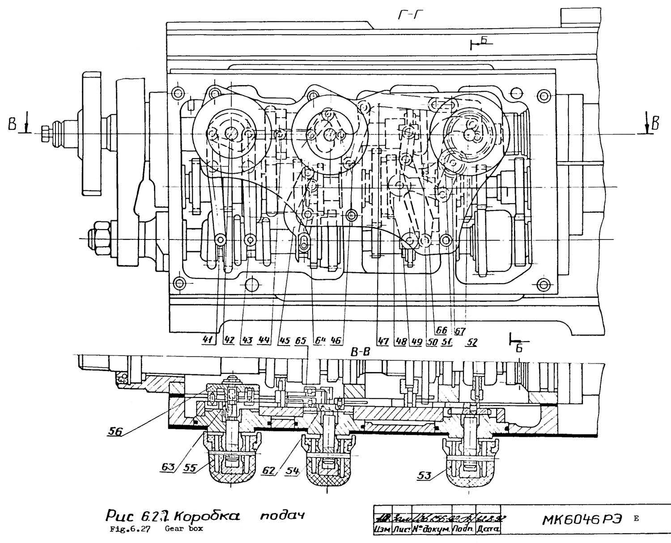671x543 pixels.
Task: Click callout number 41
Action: click(207, 340)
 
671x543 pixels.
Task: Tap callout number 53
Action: click(424, 475)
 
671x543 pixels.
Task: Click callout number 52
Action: click(471, 342)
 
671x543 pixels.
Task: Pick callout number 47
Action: click(382, 342)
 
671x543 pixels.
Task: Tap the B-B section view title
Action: click(361, 353)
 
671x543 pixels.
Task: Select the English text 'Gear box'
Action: click(183, 529)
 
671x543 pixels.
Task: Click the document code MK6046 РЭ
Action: click(582, 520)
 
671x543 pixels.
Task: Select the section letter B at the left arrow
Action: click(12, 124)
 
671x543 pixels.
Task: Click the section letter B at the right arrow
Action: click(656, 123)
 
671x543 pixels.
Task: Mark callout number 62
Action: click(268, 471)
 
